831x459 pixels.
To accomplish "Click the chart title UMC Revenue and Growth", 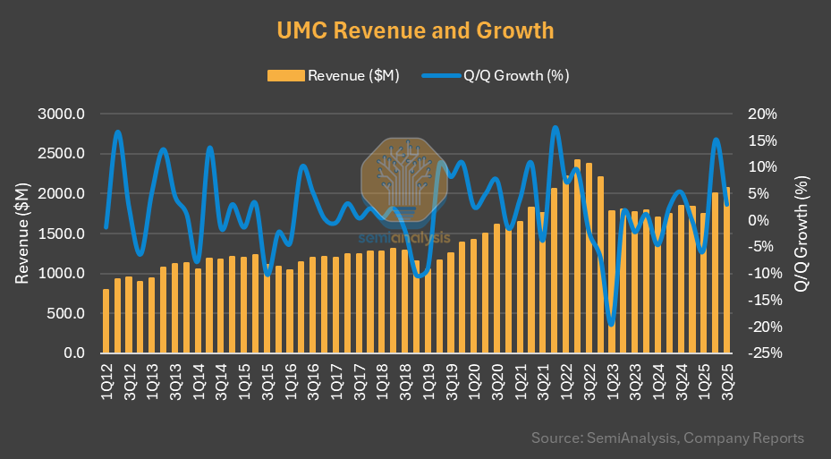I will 415,30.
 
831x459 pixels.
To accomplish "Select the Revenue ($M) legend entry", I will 333,75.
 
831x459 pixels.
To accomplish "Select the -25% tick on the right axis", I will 767,353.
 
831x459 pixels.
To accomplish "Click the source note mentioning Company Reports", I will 667,438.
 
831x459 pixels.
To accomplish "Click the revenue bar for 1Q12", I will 106,322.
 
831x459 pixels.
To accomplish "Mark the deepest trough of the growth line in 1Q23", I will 612,325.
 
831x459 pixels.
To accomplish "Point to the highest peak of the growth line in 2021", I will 555,127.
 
